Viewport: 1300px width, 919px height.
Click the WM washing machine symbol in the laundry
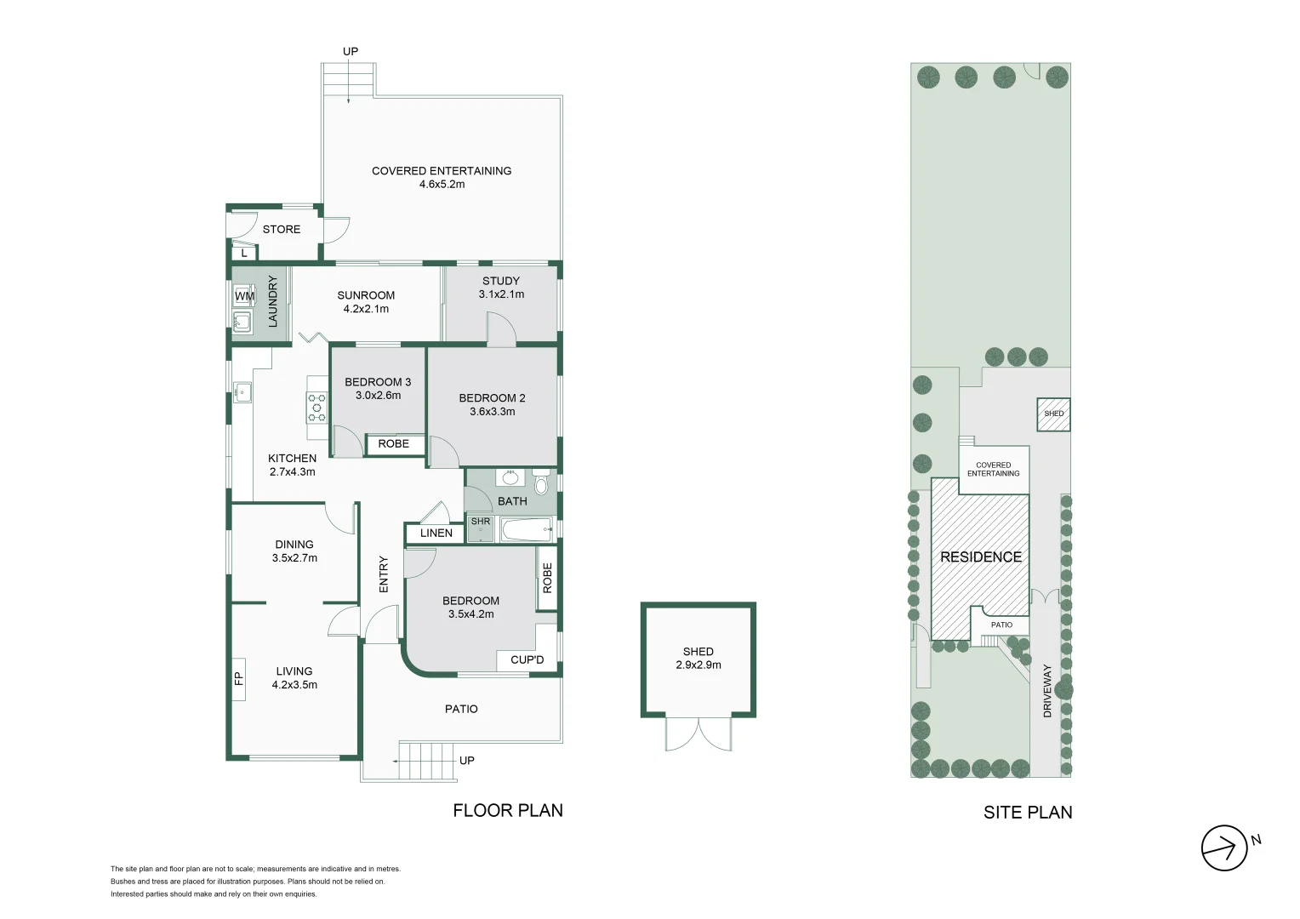[243, 296]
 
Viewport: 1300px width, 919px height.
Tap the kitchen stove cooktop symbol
[317, 407]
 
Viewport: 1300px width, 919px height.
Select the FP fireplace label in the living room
[238, 678]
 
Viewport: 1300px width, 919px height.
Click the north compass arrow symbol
[1224, 848]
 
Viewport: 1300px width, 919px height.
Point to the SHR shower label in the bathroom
[481, 522]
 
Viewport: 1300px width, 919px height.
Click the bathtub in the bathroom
[527, 532]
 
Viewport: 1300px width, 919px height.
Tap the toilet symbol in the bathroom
[541, 483]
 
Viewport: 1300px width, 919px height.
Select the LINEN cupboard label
[436, 534]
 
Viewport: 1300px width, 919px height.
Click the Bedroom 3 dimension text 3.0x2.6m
[378, 396]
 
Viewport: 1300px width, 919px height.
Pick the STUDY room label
[500, 281]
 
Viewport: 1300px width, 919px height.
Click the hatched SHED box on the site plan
[1053, 414]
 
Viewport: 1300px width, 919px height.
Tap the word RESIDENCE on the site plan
[980, 557]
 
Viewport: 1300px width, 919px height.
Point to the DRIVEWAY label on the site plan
[1047, 691]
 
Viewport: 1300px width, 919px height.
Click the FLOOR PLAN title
[507, 811]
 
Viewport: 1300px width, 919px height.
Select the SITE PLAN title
[1027, 813]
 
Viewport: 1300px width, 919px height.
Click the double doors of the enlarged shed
[698, 733]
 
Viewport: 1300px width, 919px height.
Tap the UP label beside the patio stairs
[467, 761]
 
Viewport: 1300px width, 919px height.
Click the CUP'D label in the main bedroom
[527, 660]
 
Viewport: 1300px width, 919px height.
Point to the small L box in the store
[244, 253]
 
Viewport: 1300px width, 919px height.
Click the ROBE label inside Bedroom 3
[393, 444]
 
